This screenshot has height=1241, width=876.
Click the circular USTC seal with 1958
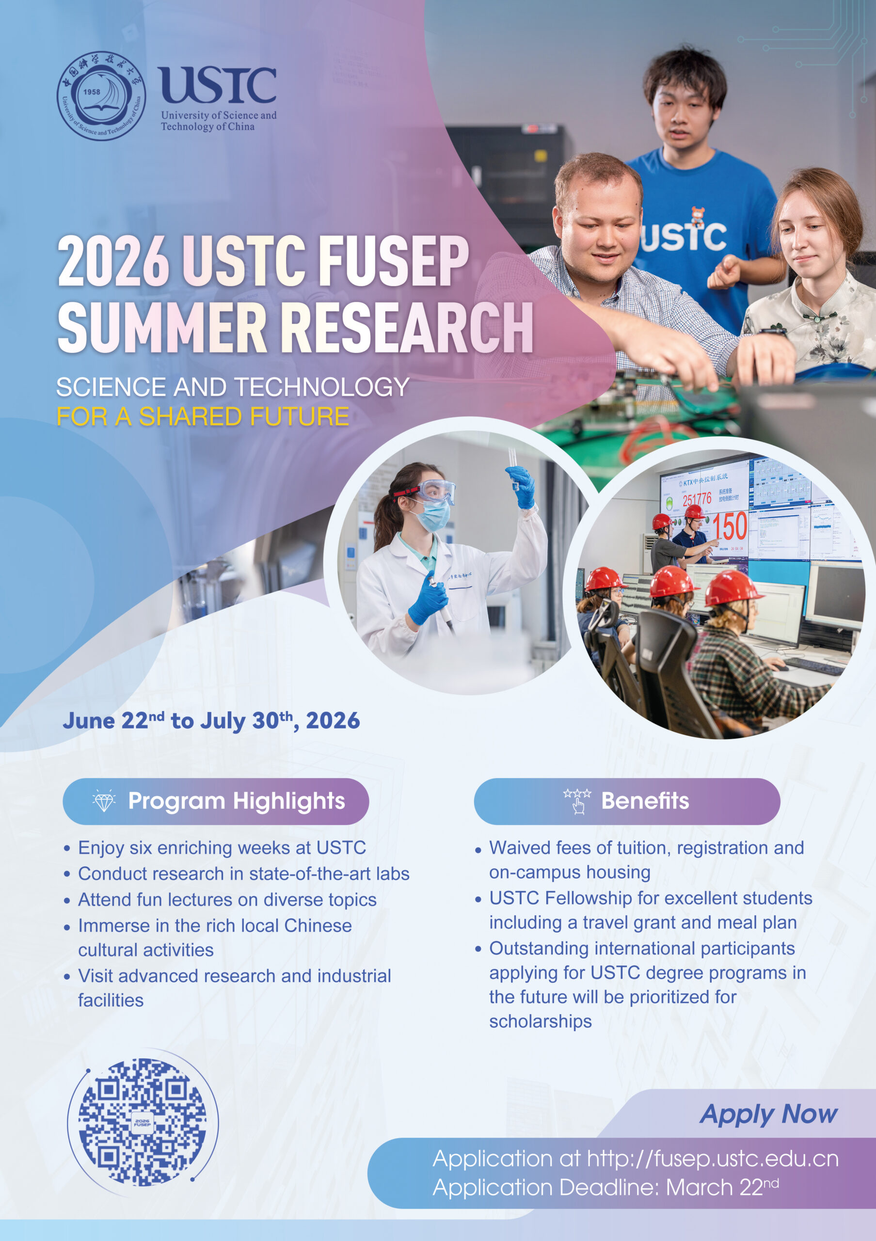tap(101, 95)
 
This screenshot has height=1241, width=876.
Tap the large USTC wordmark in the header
tap(218, 85)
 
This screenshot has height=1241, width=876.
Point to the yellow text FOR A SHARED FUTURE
tap(203, 417)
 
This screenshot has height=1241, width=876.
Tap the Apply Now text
tap(768, 1114)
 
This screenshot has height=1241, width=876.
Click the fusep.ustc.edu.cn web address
tap(713, 1159)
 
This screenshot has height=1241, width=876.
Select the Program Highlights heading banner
tap(216, 801)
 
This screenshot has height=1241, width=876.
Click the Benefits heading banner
tap(626, 801)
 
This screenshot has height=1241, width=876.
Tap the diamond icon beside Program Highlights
tap(104, 801)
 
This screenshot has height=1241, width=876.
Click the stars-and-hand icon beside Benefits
tap(577, 800)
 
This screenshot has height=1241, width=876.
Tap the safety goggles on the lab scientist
tap(434, 491)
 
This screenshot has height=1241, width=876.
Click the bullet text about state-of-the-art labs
tap(243, 874)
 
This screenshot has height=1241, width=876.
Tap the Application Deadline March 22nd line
tap(605, 1188)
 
